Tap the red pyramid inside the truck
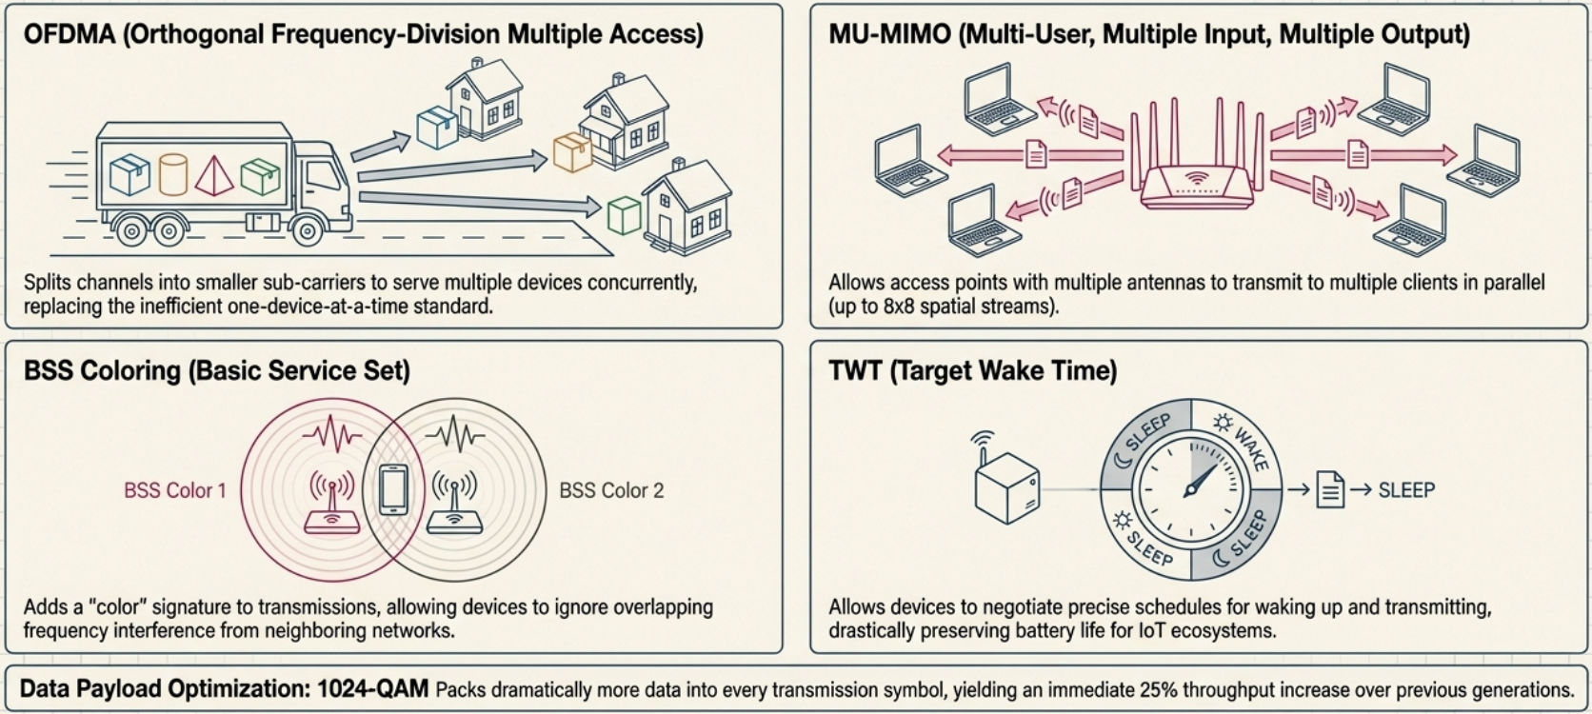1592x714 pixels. (214, 175)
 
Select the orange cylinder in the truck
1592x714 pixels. (172, 174)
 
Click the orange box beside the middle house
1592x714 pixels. (572, 152)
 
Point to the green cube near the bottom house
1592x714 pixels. (624, 215)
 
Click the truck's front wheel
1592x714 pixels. (307, 230)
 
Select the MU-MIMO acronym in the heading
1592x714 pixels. (889, 35)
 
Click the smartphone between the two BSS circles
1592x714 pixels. (393, 490)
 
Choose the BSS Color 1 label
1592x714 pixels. (175, 491)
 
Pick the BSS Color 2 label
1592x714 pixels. (611, 491)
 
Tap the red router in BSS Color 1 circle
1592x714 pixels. (331, 505)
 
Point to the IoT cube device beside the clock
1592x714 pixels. (1006, 486)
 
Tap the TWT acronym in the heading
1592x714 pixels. (854, 370)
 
